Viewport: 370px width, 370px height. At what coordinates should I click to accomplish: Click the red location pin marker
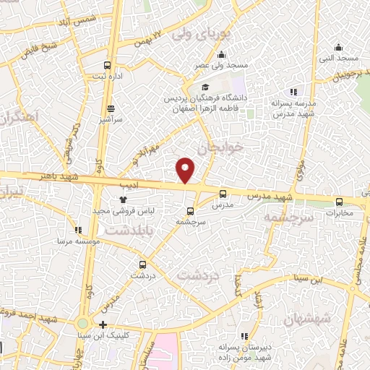pos(186,170)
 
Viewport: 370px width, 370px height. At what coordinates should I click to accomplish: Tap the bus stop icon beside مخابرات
pos(340,202)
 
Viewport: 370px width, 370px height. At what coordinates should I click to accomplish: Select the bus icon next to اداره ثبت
pos(108,65)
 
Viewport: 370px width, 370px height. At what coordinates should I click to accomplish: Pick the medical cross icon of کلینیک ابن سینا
pos(103,325)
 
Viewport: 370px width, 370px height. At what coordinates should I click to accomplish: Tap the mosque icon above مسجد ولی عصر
pos(220,55)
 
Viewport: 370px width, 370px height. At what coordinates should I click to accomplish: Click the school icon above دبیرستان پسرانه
pos(243,336)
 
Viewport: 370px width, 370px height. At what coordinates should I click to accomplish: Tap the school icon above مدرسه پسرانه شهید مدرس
pos(293,92)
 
